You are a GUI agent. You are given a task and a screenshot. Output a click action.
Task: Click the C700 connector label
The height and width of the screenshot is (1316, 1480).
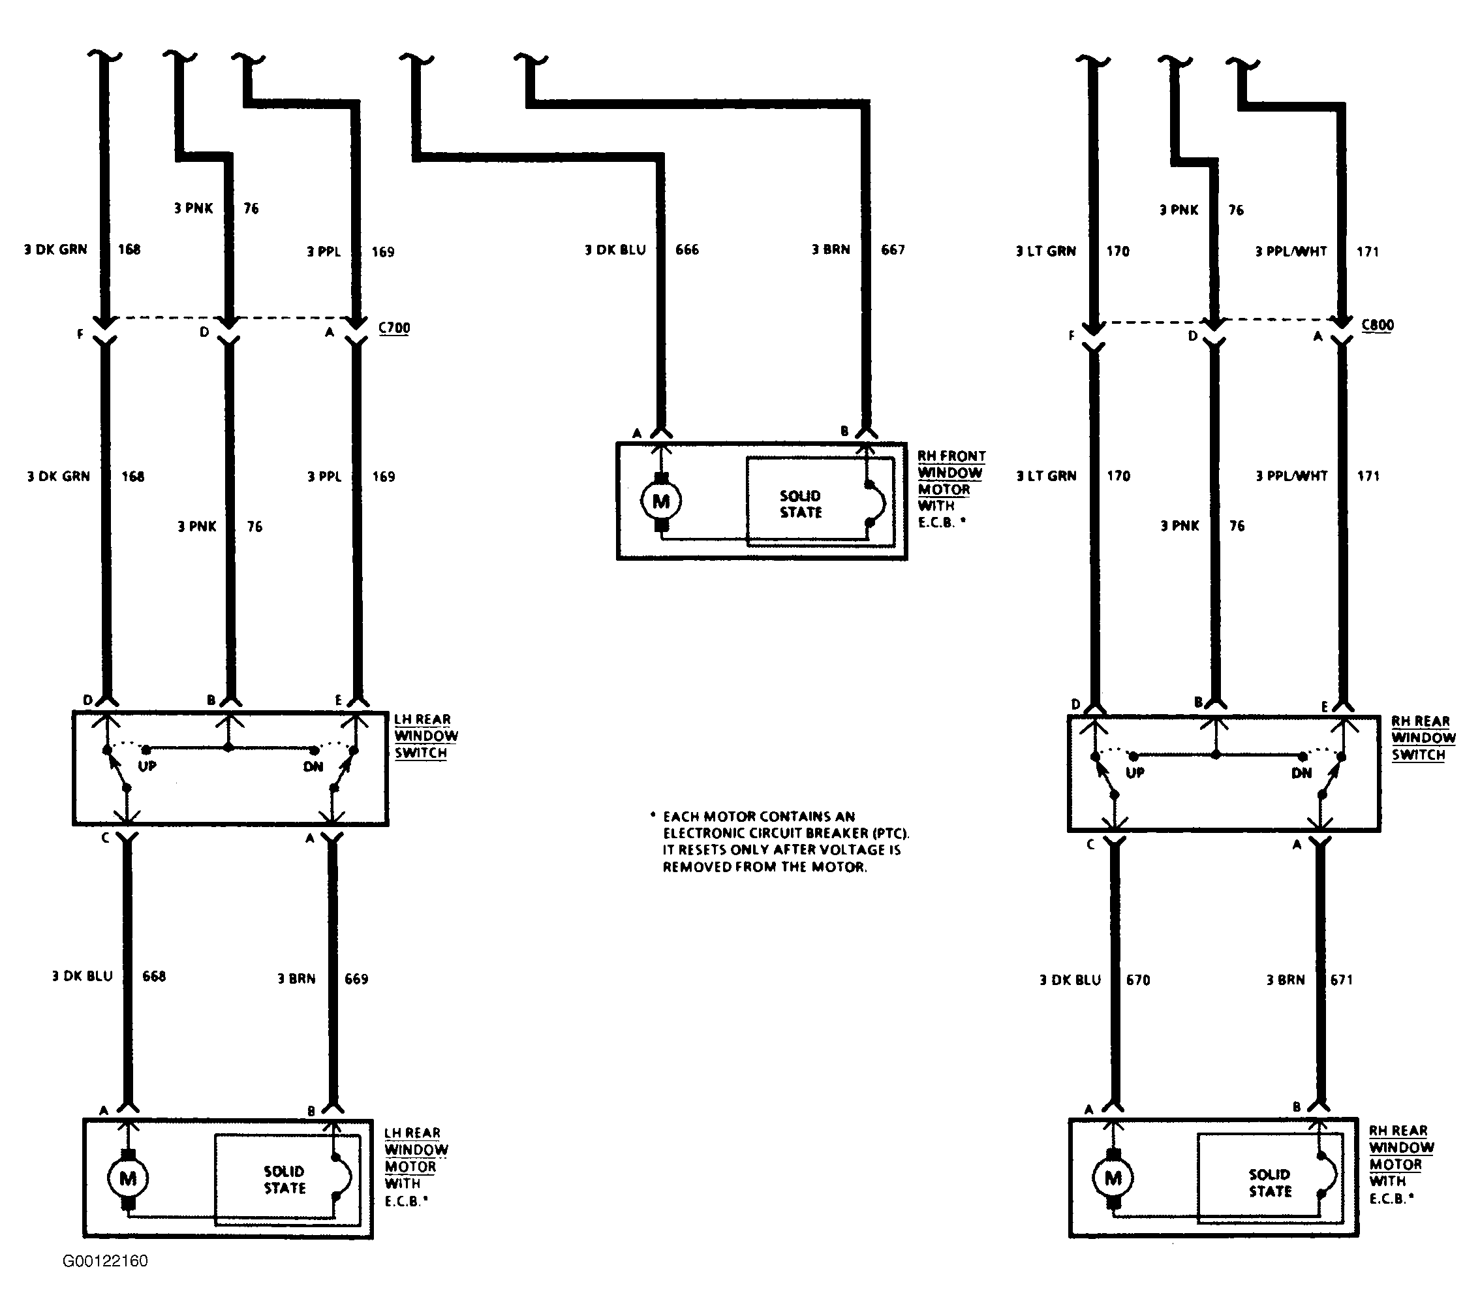click(394, 328)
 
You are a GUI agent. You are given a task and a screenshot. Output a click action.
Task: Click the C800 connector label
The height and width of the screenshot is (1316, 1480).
click(1377, 325)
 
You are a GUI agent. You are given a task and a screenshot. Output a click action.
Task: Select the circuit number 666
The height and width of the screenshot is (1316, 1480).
click(687, 250)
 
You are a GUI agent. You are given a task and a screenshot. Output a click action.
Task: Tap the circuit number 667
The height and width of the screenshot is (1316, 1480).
click(893, 250)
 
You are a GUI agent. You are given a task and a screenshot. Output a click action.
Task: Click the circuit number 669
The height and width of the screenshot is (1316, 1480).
click(356, 979)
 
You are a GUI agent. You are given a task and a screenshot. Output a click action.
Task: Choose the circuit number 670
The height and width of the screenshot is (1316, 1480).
click(1137, 980)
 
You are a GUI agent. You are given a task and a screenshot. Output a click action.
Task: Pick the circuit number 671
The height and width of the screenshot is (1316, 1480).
click(1341, 980)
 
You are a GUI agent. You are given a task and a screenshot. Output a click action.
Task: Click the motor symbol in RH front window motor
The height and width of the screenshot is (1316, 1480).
click(661, 501)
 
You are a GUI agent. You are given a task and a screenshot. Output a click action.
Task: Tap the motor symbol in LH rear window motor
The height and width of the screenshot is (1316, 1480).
click(128, 1178)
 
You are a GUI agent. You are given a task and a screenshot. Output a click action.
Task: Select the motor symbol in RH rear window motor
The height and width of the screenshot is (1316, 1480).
click(1113, 1178)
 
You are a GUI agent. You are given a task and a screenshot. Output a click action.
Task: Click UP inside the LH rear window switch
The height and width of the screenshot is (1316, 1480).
click(147, 766)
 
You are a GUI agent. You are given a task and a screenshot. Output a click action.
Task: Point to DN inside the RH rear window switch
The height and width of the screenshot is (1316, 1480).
click(1301, 773)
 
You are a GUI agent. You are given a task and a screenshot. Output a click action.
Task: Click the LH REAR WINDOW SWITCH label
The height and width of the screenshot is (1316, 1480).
click(425, 736)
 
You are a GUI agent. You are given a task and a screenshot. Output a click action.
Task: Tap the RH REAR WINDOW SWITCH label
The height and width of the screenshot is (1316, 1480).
click(1423, 738)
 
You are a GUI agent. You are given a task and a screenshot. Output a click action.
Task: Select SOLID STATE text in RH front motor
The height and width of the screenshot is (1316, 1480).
click(801, 504)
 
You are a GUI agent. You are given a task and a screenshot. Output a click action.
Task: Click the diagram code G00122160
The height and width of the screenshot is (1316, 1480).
click(105, 1261)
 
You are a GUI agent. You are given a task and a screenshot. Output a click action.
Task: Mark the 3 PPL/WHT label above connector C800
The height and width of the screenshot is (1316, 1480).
click(1291, 251)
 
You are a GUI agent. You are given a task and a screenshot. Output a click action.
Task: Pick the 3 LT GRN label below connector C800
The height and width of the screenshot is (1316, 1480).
click(1046, 476)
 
